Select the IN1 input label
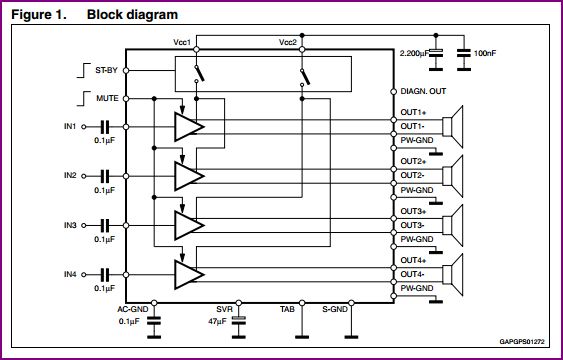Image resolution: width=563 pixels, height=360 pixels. [x=69, y=126]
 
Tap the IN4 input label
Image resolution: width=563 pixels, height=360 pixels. [x=69, y=273]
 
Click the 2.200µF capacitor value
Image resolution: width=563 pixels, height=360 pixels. [x=414, y=51]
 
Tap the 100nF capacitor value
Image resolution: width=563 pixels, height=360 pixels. [x=485, y=51]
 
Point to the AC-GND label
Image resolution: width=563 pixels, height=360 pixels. [x=132, y=310]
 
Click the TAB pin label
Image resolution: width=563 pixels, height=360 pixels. [x=286, y=310]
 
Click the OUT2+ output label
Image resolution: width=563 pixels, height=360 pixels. [x=413, y=161]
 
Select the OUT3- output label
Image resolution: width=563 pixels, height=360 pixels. [x=412, y=224]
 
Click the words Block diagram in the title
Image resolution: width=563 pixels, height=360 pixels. [x=133, y=15]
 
